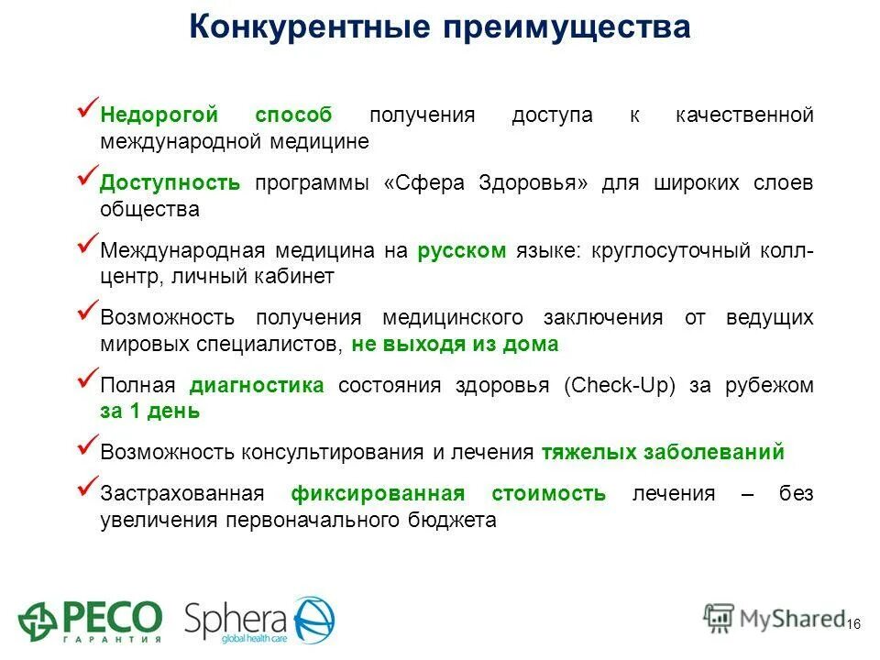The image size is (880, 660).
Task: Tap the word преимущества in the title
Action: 567,27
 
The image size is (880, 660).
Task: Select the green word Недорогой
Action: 159,115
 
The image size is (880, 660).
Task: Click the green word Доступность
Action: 170,182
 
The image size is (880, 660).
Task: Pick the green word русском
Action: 461,250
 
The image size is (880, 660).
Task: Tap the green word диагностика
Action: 257,385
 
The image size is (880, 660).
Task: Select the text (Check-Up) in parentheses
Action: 620,385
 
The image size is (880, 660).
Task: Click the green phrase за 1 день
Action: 149,411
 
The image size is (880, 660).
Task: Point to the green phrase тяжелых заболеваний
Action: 663,452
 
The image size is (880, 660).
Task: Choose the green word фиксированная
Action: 378,494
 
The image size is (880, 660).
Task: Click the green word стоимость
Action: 548,494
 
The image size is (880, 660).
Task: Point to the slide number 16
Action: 853,623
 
